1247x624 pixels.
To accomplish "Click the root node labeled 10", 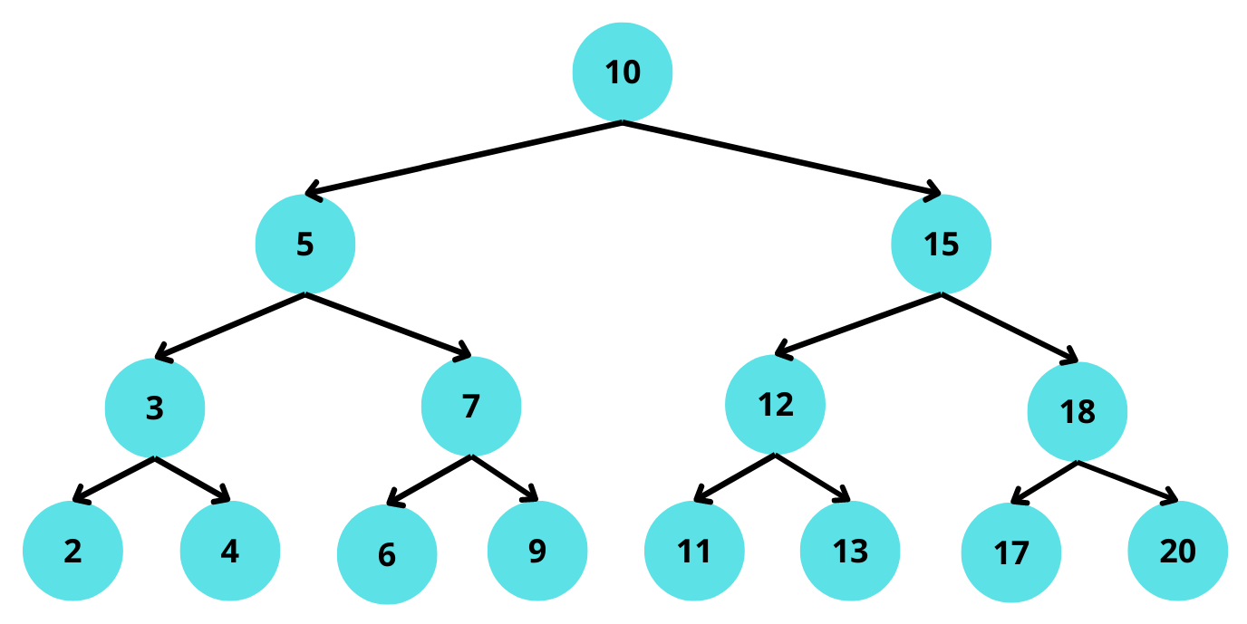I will [623, 72].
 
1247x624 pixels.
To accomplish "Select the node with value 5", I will [305, 245].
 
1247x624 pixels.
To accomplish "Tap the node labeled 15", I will [942, 245].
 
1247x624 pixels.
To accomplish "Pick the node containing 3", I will [155, 408].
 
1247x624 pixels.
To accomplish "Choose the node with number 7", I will [471, 407].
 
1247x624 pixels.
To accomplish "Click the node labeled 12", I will [776, 405].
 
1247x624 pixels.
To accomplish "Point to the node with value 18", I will [1078, 412].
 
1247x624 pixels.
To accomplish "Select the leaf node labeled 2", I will [72, 552].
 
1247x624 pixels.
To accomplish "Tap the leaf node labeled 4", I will [230, 552].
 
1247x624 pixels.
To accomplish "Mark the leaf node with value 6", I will [387, 554].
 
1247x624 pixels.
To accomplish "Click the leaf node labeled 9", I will [537, 552].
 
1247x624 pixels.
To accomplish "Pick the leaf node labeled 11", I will [694, 552].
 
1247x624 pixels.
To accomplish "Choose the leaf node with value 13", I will [850, 552].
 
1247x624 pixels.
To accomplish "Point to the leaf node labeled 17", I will [1011, 553].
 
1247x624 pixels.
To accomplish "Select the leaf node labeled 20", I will [1178, 552].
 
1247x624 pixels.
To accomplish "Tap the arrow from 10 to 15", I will [781, 157].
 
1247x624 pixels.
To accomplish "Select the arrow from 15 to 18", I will [1010, 327].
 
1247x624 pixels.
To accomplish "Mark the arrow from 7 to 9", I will [505, 477].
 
